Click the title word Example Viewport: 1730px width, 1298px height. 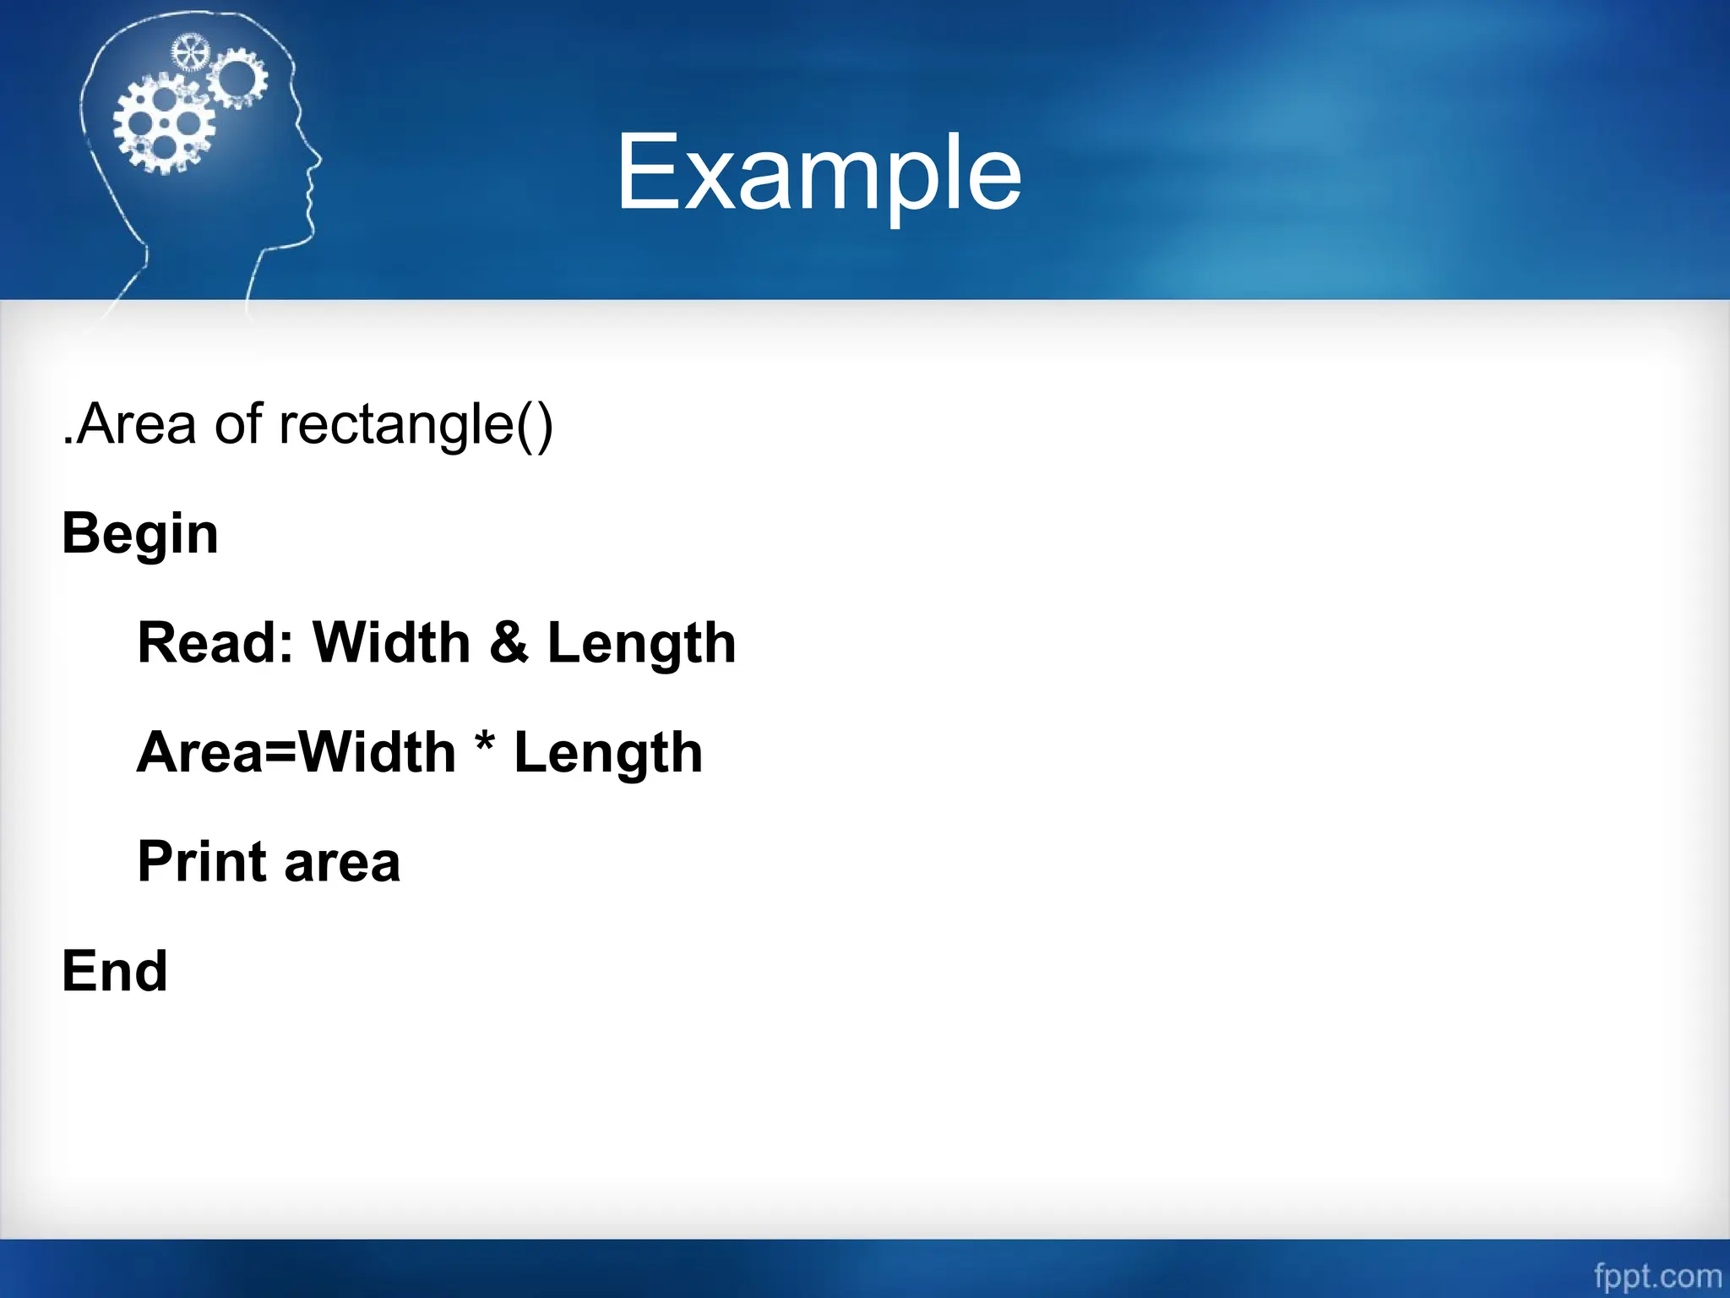[819, 174]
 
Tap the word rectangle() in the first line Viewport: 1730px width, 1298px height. [416, 424]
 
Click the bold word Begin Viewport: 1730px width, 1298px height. [140, 535]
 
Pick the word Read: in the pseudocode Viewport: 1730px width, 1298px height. [215, 643]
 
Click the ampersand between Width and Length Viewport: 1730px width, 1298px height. [509, 643]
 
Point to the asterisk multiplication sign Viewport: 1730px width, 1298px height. [485, 741]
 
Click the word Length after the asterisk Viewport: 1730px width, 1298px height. [608, 754]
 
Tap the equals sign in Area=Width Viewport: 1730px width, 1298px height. [281, 753]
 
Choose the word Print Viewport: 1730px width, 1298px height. [203, 862]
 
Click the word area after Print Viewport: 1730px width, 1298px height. [342, 864]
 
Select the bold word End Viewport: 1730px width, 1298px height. [115, 971]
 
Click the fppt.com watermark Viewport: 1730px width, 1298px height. [1658, 1275]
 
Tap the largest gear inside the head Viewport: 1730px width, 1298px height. [165, 123]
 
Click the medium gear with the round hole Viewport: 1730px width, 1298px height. [237, 78]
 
